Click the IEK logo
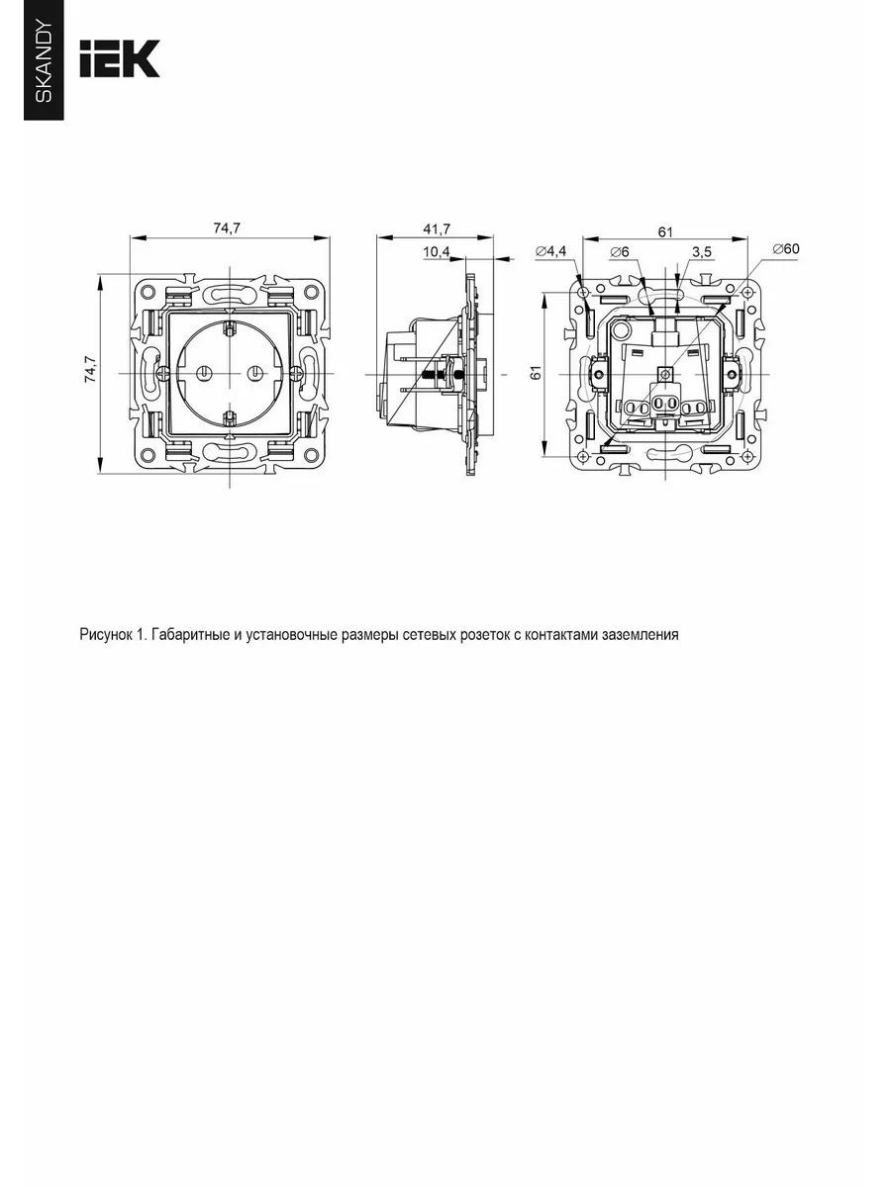(x=120, y=58)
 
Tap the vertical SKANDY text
(x=44, y=62)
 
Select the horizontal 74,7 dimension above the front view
(x=227, y=228)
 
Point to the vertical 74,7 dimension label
(x=90, y=369)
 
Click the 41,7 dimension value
(x=437, y=229)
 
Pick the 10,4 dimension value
(x=436, y=251)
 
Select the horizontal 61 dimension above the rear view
(x=665, y=232)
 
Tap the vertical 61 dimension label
(x=536, y=373)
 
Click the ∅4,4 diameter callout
(x=550, y=251)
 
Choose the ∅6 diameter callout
(x=620, y=251)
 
